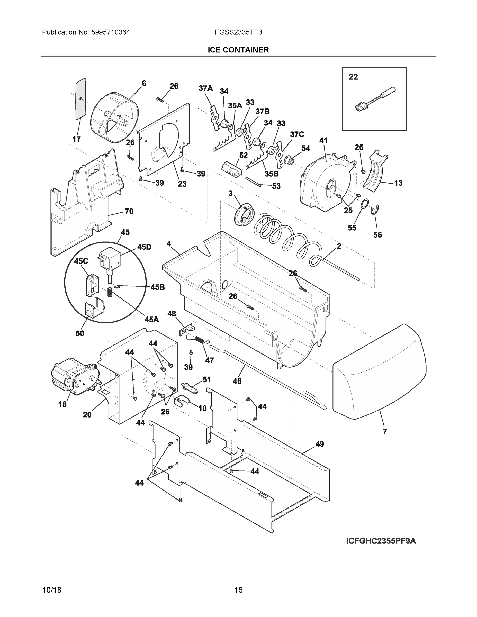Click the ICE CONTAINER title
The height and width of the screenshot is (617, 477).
(238, 50)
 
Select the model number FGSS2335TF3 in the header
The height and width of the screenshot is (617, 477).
(238, 32)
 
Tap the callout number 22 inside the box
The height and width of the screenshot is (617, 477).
(353, 77)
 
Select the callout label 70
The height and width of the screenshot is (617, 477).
(129, 211)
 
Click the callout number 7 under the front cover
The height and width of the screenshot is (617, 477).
(385, 431)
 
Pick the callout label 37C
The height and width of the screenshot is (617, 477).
(297, 134)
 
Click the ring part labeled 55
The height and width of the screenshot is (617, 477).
(365, 203)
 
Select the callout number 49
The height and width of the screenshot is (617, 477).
(319, 444)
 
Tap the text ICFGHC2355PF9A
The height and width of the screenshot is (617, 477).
(381, 541)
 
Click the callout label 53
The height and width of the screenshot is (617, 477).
(276, 186)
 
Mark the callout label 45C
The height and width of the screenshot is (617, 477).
(81, 261)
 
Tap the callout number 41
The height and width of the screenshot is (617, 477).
(323, 140)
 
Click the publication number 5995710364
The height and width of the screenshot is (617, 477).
(111, 32)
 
